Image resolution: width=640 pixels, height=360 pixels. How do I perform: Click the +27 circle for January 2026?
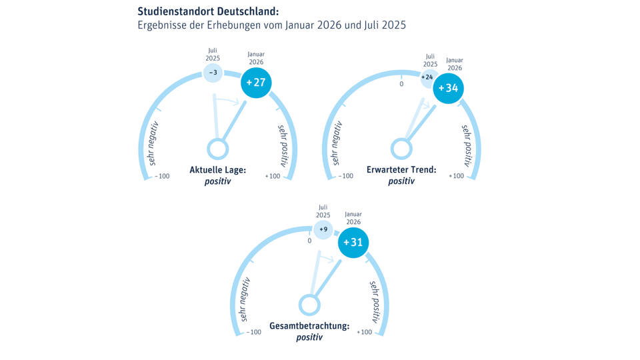[256, 83]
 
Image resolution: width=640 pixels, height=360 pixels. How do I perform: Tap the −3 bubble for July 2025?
[213, 72]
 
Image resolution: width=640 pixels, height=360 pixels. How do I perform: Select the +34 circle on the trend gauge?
[448, 89]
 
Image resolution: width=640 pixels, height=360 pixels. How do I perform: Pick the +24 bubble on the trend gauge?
[427, 77]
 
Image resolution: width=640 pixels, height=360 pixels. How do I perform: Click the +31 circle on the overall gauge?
[353, 242]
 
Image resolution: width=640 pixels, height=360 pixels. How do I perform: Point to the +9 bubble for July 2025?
[323, 229]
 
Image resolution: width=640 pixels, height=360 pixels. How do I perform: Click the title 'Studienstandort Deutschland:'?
[208, 12]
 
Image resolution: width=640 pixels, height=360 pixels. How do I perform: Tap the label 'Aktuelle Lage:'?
[218, 171]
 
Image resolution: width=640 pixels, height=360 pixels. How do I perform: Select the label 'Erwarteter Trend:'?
[401, 170]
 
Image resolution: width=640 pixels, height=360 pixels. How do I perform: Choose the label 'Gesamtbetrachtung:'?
[309, 326]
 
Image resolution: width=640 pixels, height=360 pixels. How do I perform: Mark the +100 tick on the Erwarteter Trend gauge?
[456, 177]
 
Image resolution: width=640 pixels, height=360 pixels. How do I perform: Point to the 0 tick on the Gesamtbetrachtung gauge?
[309, 241]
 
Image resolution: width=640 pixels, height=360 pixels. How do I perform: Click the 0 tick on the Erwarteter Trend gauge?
[401, 84]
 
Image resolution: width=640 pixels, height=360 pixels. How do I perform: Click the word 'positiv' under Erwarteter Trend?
[401, 181]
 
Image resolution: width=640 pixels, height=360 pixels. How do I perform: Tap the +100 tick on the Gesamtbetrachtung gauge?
[364, 332]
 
